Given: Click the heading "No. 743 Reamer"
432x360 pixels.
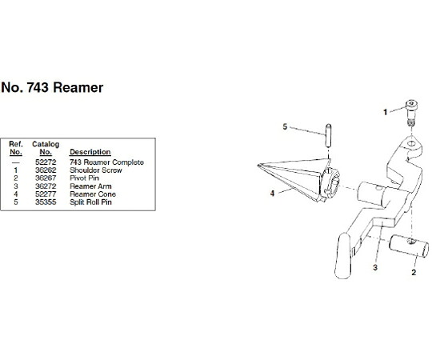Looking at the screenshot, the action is coord(52,87).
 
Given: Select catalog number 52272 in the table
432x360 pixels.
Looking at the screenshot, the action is coord(46,162).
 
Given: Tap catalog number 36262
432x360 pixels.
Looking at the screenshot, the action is coord(46,170).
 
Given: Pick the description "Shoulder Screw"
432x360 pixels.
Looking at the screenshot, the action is coord(96,170).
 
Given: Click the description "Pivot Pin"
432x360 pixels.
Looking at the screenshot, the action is coord(84,178).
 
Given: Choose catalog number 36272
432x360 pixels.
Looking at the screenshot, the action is coord(46,186).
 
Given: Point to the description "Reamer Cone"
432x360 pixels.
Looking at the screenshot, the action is coord(93,194).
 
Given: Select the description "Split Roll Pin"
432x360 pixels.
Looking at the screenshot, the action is coord(90,202).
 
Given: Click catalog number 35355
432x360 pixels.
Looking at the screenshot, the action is coord(46,202).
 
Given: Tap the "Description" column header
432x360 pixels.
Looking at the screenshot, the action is coord(90,152).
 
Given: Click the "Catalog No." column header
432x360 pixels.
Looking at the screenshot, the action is coord(46,148).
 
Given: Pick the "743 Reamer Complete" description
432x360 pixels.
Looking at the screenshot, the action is coord(106,162).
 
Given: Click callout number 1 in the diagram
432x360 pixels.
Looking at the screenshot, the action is coord(386,112).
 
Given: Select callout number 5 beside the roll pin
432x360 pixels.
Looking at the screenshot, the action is coord(285,126).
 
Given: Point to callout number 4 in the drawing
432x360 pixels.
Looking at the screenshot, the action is coord(272,194).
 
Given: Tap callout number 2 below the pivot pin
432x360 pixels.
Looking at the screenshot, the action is coord(414,273).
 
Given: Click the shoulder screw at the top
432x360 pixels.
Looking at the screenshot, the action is coord(411,113).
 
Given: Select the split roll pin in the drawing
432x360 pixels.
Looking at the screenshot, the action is coord(328,135).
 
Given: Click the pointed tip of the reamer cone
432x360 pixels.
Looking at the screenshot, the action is coord(258,166).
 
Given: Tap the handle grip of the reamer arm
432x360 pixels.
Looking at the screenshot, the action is coord(342,256).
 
